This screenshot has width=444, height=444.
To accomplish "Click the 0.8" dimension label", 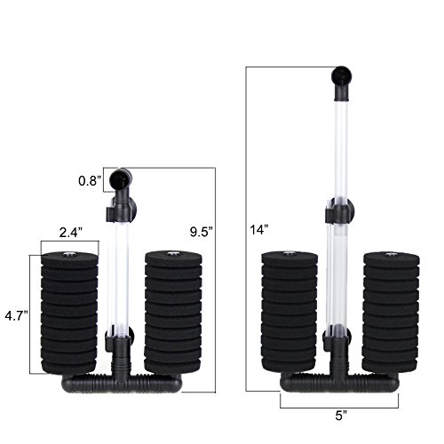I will point(89,180).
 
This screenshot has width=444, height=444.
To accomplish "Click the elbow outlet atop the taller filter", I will point(341,80).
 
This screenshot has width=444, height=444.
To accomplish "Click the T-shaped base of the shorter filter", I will point(120,384).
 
